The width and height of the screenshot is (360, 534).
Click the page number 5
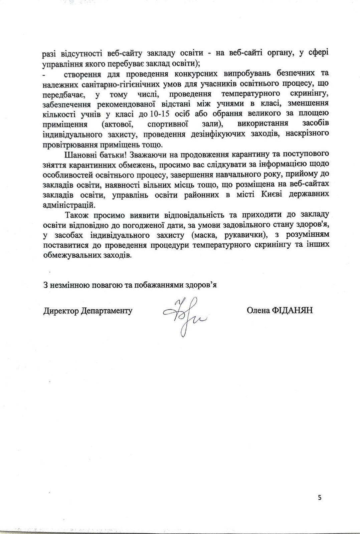(x=320, y=498)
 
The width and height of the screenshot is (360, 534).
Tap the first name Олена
(x=257, y=310)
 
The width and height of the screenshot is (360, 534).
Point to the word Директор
(x=61, y=311)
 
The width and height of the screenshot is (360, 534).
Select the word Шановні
(x=77, y=155)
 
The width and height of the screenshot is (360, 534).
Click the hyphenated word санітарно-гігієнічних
(x=109, y=83)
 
